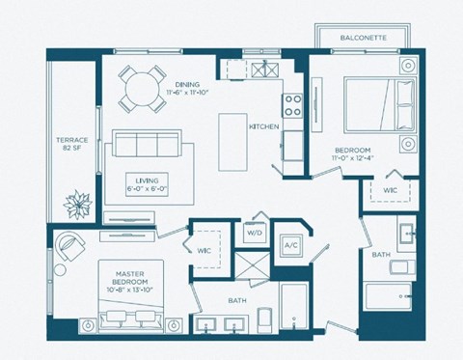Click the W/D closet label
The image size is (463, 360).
pyautogui.click(x=255, y=233)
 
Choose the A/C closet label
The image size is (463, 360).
pyautogui.click(x=290, y=245)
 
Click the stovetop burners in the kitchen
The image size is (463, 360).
pyautogui.click(x=290, y=103)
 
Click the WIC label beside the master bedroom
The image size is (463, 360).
pyautogui.click(x=204, y=251)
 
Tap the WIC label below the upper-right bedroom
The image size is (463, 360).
pyautogui.click(x=390, y=190)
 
